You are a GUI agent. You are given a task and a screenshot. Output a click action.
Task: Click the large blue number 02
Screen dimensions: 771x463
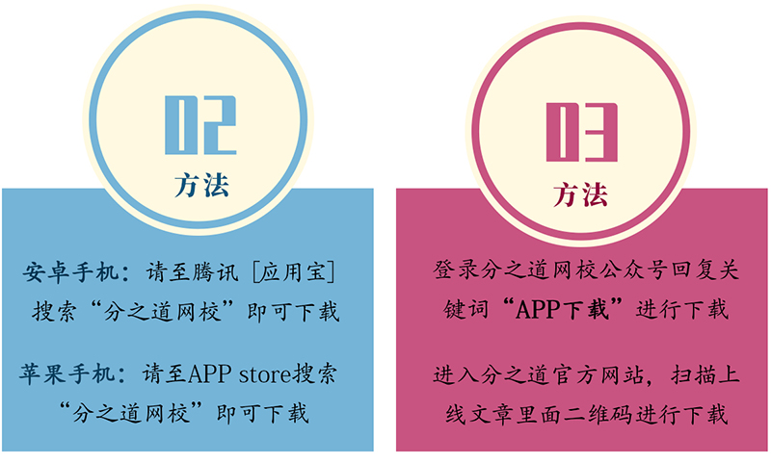pos(200,125)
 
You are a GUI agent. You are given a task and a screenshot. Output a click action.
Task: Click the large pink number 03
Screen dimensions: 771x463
pos(582,132)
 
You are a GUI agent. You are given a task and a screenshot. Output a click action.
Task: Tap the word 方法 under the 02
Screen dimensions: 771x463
pos(201,185)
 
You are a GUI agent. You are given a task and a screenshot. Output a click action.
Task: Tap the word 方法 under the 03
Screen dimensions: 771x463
pos(581,193)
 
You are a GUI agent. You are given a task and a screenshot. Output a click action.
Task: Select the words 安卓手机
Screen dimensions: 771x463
pos(70,272)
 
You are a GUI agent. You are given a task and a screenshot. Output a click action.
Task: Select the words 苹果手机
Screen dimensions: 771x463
pos(67,373)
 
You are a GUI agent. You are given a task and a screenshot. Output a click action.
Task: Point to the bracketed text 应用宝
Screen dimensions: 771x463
pos(294,272)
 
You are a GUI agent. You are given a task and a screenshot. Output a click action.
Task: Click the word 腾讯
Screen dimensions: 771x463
pos(215,272)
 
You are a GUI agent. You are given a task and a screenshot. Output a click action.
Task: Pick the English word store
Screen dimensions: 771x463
pos(265,374)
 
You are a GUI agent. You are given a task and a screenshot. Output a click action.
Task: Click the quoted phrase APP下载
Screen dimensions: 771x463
pos(563,309)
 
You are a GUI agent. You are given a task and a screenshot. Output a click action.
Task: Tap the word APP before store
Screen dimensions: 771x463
pos(209,374)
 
